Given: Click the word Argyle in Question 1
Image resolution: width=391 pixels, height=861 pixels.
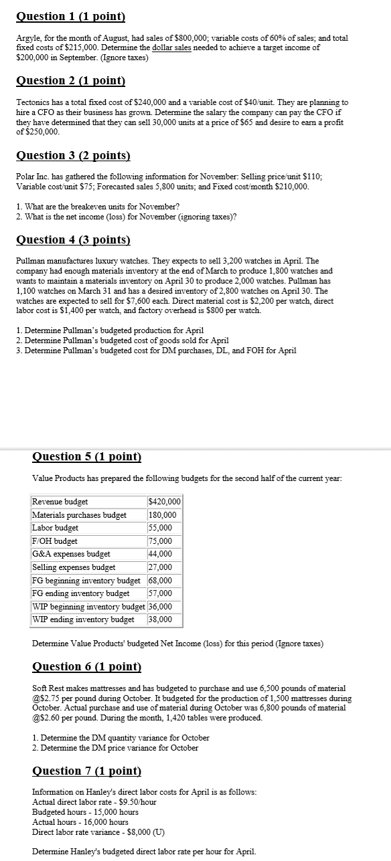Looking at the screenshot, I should click(x=28, y=39).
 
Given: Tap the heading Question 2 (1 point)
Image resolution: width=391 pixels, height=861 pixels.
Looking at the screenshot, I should click(x=71, y=82).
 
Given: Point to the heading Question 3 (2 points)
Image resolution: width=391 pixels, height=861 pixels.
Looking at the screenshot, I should click(x=73, y=155).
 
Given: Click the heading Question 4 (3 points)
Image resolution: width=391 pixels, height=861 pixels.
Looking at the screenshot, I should click(x=73, y=240).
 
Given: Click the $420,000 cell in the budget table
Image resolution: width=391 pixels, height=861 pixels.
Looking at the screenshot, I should click(x=164, y=502).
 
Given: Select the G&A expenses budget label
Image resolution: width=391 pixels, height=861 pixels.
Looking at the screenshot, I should click(x=71, y=554).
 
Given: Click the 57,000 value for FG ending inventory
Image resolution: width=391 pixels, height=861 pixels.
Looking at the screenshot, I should click(x=160, y=593).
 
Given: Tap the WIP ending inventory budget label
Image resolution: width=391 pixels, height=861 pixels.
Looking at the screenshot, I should click(x=83, y=619).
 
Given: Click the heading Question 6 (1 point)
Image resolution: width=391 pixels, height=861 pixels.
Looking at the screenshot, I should click(x=87, y=666).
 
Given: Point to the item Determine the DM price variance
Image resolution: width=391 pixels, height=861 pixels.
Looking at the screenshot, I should click(x=115, y=748).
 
